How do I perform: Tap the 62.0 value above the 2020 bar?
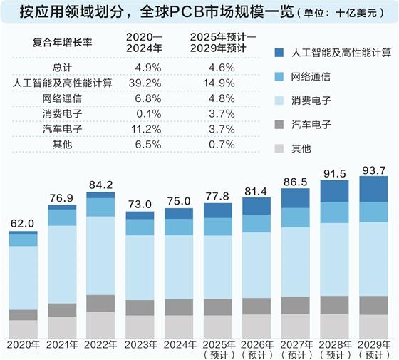pyautogui.click(x=23, y=224)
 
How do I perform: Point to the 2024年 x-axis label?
pyautogui.click(x=178, y=345)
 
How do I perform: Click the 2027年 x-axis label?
pyautogui.click(x=295, y=345)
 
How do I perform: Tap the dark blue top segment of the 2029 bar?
pyautogui.click(x=373, y=189)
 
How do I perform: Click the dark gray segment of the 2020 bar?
pyautogui.click(x=23, y=314)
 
